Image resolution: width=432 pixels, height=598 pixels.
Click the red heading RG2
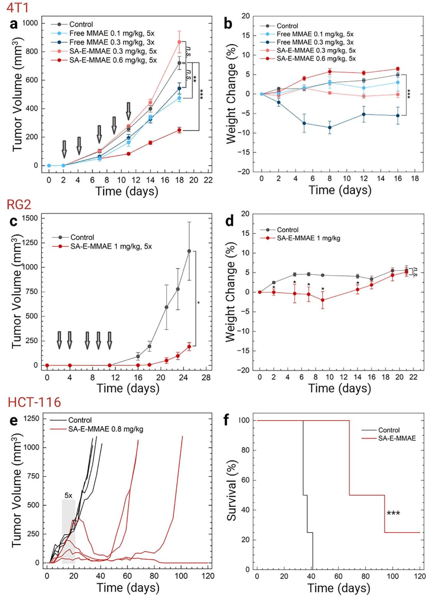(18, 205)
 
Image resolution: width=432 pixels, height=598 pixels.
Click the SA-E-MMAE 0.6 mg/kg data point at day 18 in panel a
(179, 130)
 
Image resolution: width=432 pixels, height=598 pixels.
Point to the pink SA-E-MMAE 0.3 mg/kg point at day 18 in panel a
(179, 42)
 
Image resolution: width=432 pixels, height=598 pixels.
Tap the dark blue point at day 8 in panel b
(329, 127)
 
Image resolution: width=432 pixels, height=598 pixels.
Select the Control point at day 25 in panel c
(189, 251)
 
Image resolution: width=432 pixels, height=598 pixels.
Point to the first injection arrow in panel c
(59, 340)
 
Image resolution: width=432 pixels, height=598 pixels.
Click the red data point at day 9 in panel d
(323, 300)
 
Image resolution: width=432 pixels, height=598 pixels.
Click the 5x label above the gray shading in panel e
(69, 495)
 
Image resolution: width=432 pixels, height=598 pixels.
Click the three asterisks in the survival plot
(393, 513)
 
